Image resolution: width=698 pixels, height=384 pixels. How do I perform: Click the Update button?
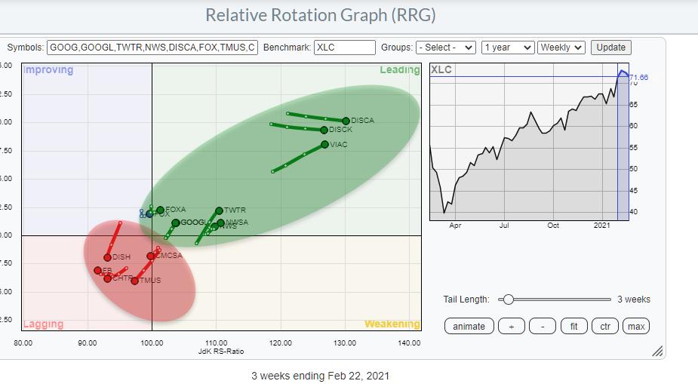coord(610,47)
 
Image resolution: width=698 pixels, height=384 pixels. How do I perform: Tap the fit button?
coord(573,326)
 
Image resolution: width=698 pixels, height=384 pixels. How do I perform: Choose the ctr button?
coord(604,326)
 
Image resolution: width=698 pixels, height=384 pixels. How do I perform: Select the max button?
coord(636,326)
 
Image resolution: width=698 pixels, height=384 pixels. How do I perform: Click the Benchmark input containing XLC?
coord(344,47)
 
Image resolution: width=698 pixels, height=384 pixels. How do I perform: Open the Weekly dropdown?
coord(561,47)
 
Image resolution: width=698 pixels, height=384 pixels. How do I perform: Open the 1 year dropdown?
coord(507,47)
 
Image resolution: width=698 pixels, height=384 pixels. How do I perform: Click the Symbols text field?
coord(152,47)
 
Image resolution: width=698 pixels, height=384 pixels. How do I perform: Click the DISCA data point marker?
coord(346,121)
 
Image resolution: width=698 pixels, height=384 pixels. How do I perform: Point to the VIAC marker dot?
coord(324,144)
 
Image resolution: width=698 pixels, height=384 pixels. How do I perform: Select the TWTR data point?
coord(219,210)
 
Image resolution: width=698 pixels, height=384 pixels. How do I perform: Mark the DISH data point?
coord(107,257)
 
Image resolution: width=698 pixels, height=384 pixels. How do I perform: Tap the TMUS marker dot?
coord(134,281)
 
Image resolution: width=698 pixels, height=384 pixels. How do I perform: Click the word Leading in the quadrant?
coord(399,70)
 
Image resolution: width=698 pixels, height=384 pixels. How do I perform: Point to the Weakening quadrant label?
coord(392,324)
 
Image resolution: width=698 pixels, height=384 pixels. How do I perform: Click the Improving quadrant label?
coord(48,70)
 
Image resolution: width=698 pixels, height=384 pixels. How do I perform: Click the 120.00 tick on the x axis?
coord(281,343)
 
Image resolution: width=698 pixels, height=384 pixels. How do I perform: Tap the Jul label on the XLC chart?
coord(503,225)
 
